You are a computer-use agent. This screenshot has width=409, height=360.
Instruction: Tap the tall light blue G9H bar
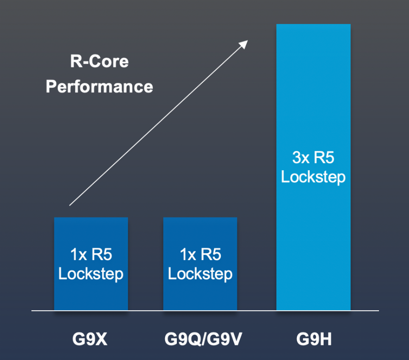click(x=313, y=94)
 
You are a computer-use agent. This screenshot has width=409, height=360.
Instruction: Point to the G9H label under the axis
click(x=314, y=338)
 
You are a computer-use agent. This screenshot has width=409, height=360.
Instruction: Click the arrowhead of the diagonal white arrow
click(x=244, y=44)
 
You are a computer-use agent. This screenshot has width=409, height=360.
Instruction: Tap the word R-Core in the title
click(x=99, y=61)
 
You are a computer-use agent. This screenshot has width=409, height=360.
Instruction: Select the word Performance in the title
click(x=99, y=86)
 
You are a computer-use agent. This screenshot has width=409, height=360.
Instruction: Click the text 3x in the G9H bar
click(x=301, y=157)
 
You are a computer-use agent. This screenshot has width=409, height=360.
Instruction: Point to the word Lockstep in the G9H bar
click(x=313, y=177)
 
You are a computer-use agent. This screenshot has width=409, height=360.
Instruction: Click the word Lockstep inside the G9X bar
click(x=91, y=274)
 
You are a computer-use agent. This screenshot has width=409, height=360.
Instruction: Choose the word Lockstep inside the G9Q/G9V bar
click(x=200, y=274)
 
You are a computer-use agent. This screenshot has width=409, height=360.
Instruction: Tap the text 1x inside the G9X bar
click(x=78, y=255)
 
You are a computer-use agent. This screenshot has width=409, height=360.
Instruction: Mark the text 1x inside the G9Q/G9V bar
click(x=188, y=255)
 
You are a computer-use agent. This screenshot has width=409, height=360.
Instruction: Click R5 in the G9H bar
click(x=324, y=157)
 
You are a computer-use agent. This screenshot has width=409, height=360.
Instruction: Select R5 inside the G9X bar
click(x=102, y=255)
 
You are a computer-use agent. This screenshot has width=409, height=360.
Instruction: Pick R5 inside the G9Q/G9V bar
click(x=211, y=255)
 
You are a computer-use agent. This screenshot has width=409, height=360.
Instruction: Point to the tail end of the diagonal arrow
click(x=70, y=204)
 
